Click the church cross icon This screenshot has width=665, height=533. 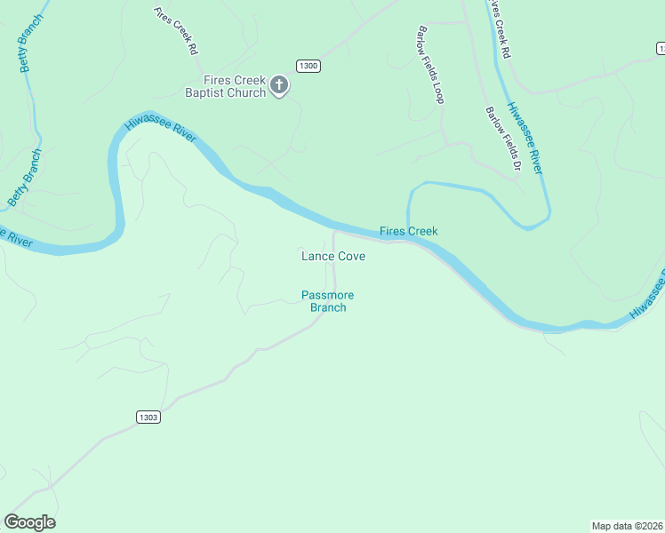point(279,85)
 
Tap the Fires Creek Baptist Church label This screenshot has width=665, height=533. point(226,86)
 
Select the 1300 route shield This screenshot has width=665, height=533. point(308,66)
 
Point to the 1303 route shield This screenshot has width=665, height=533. point(148,417)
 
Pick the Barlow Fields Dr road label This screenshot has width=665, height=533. point(501,139)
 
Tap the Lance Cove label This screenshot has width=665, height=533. point(333,256)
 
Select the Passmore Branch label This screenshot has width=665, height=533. point(327,301)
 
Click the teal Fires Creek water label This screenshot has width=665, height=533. point(408,231)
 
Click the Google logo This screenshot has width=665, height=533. point(29,522)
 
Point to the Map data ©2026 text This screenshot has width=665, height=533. point(627,525)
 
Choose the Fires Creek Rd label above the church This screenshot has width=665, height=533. point(175,32)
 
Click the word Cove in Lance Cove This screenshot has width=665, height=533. point(349,256)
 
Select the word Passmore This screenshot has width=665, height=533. point(327,295)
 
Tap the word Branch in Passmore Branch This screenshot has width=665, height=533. point(327,307)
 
